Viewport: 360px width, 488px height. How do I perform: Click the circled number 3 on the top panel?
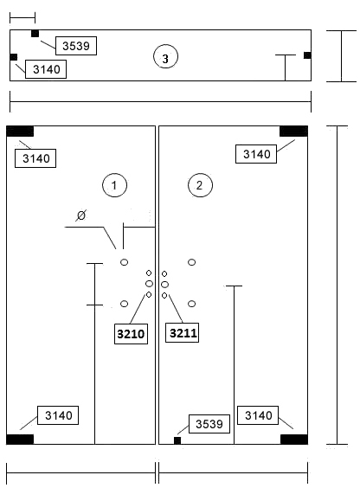[x=165, y=57]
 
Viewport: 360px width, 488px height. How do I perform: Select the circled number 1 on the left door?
[x=114, y=185]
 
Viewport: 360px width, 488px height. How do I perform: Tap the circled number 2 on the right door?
[x=200, y=185]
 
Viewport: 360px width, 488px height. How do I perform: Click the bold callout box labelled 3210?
[x=131, y=334]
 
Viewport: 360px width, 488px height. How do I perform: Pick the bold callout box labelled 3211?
[x=182, y=333]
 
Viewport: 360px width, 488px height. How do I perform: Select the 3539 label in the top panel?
[x=76, y=46]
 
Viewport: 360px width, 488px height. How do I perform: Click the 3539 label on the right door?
[x=209, y=424]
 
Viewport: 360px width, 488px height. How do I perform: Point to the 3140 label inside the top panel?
[x=46, y=69]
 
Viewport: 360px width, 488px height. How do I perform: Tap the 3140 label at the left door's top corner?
[x=35, y=158]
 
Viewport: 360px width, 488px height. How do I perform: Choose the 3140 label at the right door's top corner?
[x=256, y=154]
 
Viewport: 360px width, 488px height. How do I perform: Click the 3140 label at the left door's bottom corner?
[x=58, y=415]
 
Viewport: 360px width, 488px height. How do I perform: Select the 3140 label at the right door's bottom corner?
[x=258, y=415]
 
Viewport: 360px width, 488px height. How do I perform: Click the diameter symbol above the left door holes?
[x=80, y=215]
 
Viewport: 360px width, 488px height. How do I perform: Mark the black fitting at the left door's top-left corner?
[x=20, y=132]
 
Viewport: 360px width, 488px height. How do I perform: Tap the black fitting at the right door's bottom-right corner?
[x=294, y=440]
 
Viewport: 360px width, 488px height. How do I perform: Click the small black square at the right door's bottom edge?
[x=177, y=440]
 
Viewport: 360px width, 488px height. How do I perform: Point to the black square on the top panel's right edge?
[x=307, y=55]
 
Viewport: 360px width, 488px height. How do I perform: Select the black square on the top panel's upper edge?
[x=35, y=33]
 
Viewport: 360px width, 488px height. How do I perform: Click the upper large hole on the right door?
[x=191, y=262]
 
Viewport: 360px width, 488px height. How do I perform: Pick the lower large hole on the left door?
[x=124, y=304]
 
